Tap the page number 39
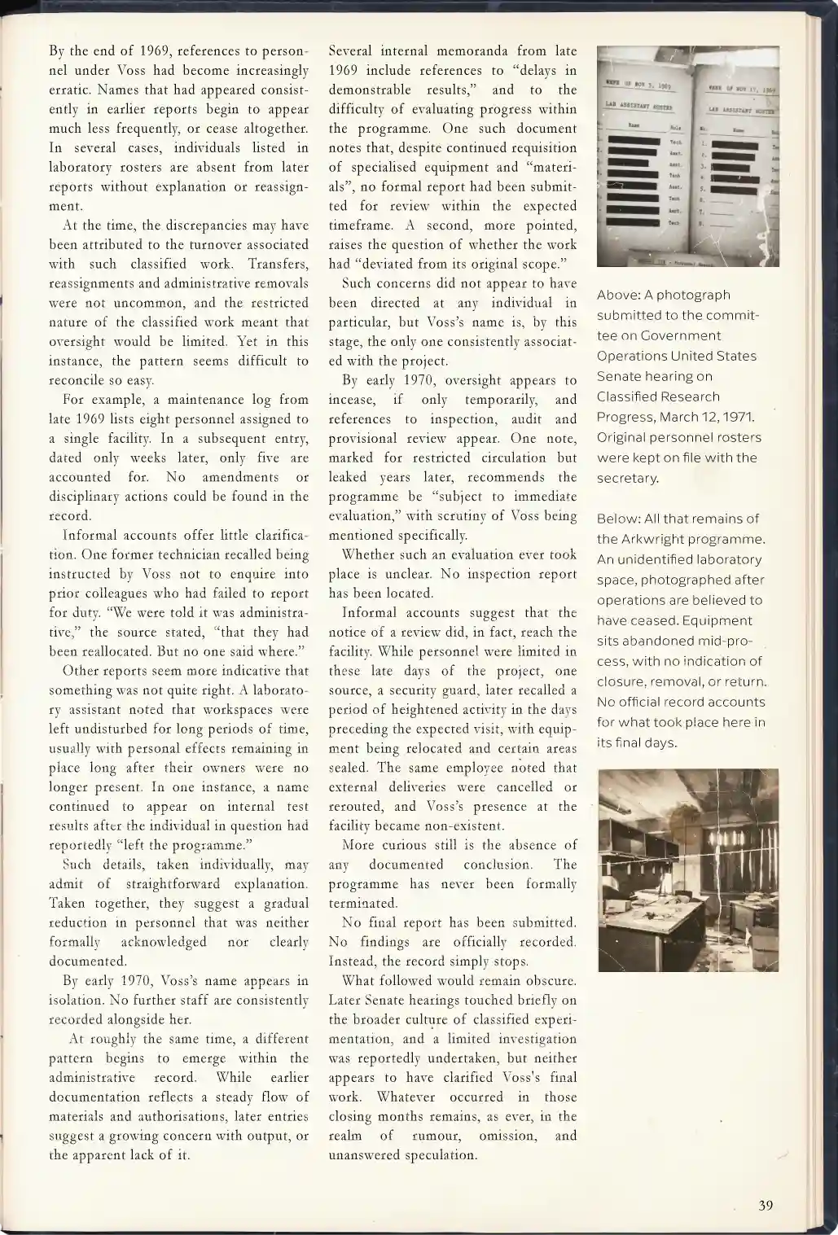(x=765, y=1206)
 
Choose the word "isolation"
(x=79, y=1000)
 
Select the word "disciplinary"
(x=86, y=497)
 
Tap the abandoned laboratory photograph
(x=688, y=870)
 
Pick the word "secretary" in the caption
(x=627, y=478)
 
